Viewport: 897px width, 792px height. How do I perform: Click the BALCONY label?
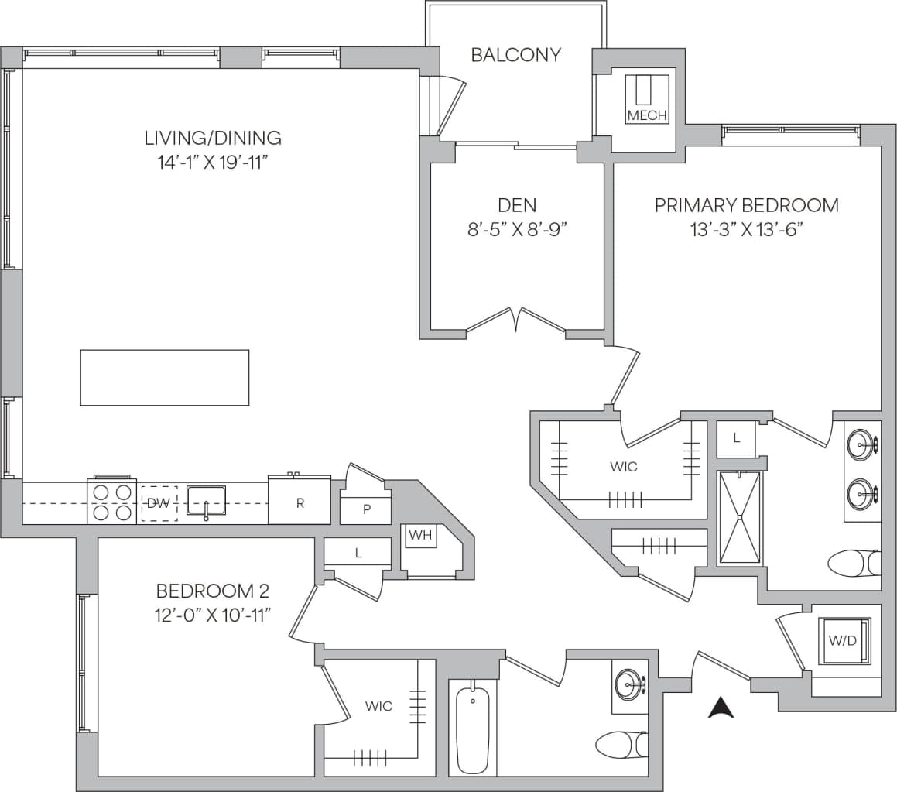(x=515, y=55)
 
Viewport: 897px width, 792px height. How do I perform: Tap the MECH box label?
(x=646, y=115)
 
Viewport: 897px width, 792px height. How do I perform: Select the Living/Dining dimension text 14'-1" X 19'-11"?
(x=213, y=163)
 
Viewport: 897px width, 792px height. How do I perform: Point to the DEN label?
(x=517, y=206)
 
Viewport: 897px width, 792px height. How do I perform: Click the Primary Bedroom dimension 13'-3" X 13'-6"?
(x=747, y=229)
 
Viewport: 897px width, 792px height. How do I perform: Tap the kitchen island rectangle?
(x=165, y=378)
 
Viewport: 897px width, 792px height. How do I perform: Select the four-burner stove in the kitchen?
(x=112, y=501)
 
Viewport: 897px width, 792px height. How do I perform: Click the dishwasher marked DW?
(x=159, y=503)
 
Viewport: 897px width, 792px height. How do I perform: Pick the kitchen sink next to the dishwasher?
(x=206, y=499)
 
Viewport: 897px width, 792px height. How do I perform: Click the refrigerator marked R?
(x=300, y=502)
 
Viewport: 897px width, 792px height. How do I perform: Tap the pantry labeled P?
(x=365, y=510)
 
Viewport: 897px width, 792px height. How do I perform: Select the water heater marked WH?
(x=419, y=535)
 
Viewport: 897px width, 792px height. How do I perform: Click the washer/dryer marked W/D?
(x=844, y=641)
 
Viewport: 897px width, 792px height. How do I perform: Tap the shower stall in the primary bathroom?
(x=740, y=518)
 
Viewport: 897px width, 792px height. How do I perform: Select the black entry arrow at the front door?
(x=721, y=708)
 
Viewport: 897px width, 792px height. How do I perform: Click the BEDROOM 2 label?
(x=212, y=591)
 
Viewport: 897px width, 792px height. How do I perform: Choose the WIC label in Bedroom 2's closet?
(x=378, y=706)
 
